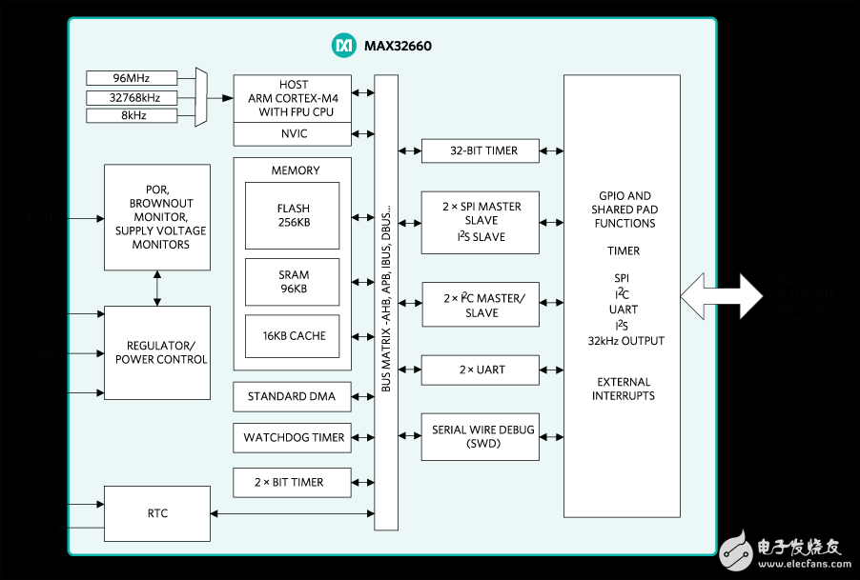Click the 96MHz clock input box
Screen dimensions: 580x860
(x=132, y=78)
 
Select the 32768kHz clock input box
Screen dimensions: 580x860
(x=132, y=97)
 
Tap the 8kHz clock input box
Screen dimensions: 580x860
(x=132, y=116)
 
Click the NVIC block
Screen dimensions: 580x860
(x=293, y=134)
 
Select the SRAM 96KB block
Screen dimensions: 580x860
(x=293, y=282)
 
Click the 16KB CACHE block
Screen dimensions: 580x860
(x=293, y=336)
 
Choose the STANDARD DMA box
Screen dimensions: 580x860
(x=292, y=396)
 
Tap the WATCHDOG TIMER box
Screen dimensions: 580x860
(x=292, y=438)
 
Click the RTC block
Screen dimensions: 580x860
(x=157, y=513)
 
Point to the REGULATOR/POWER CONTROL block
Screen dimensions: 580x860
(x=157, y=352)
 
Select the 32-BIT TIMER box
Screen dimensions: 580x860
(x=480, y=150)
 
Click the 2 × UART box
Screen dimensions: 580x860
(x=480, y=370)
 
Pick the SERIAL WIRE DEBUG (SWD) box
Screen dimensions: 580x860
(x=480, y=437)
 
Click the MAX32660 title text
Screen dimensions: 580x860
(x=398, y=45)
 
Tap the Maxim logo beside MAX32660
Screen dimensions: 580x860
(x=342, y=45)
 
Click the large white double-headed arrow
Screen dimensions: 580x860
(x=723, y=295)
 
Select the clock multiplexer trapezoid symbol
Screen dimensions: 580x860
(x=200, y=97)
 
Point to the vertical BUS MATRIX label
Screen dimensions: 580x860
(x=386, y=302)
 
